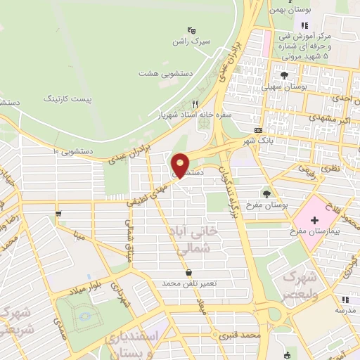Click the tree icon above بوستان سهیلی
click(x=284, y=75)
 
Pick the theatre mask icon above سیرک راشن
click(x=191, y=30)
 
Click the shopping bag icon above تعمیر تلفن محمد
click(x=188, y=272)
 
